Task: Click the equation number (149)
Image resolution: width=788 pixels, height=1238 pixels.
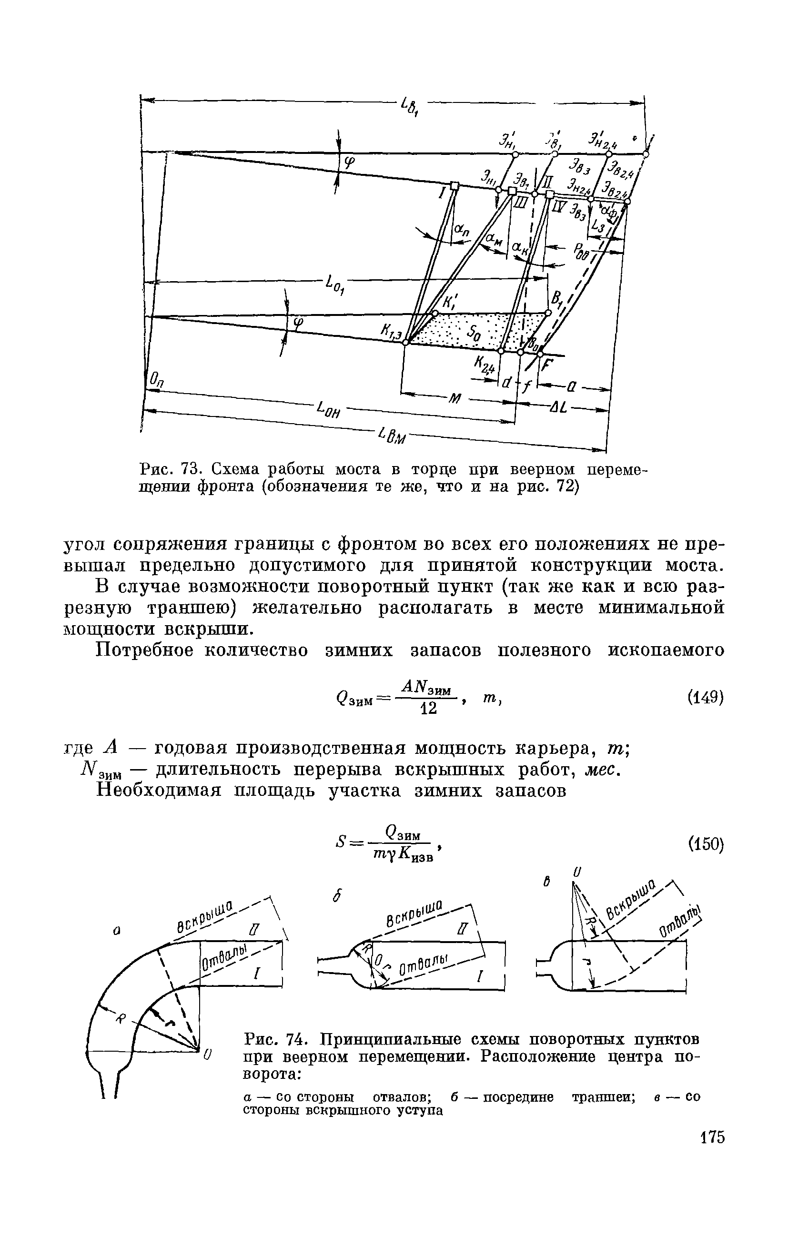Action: [705, 698]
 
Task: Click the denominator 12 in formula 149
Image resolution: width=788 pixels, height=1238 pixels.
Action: [428, 709]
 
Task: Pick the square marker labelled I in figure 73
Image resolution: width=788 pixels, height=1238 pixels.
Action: [454, 186]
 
